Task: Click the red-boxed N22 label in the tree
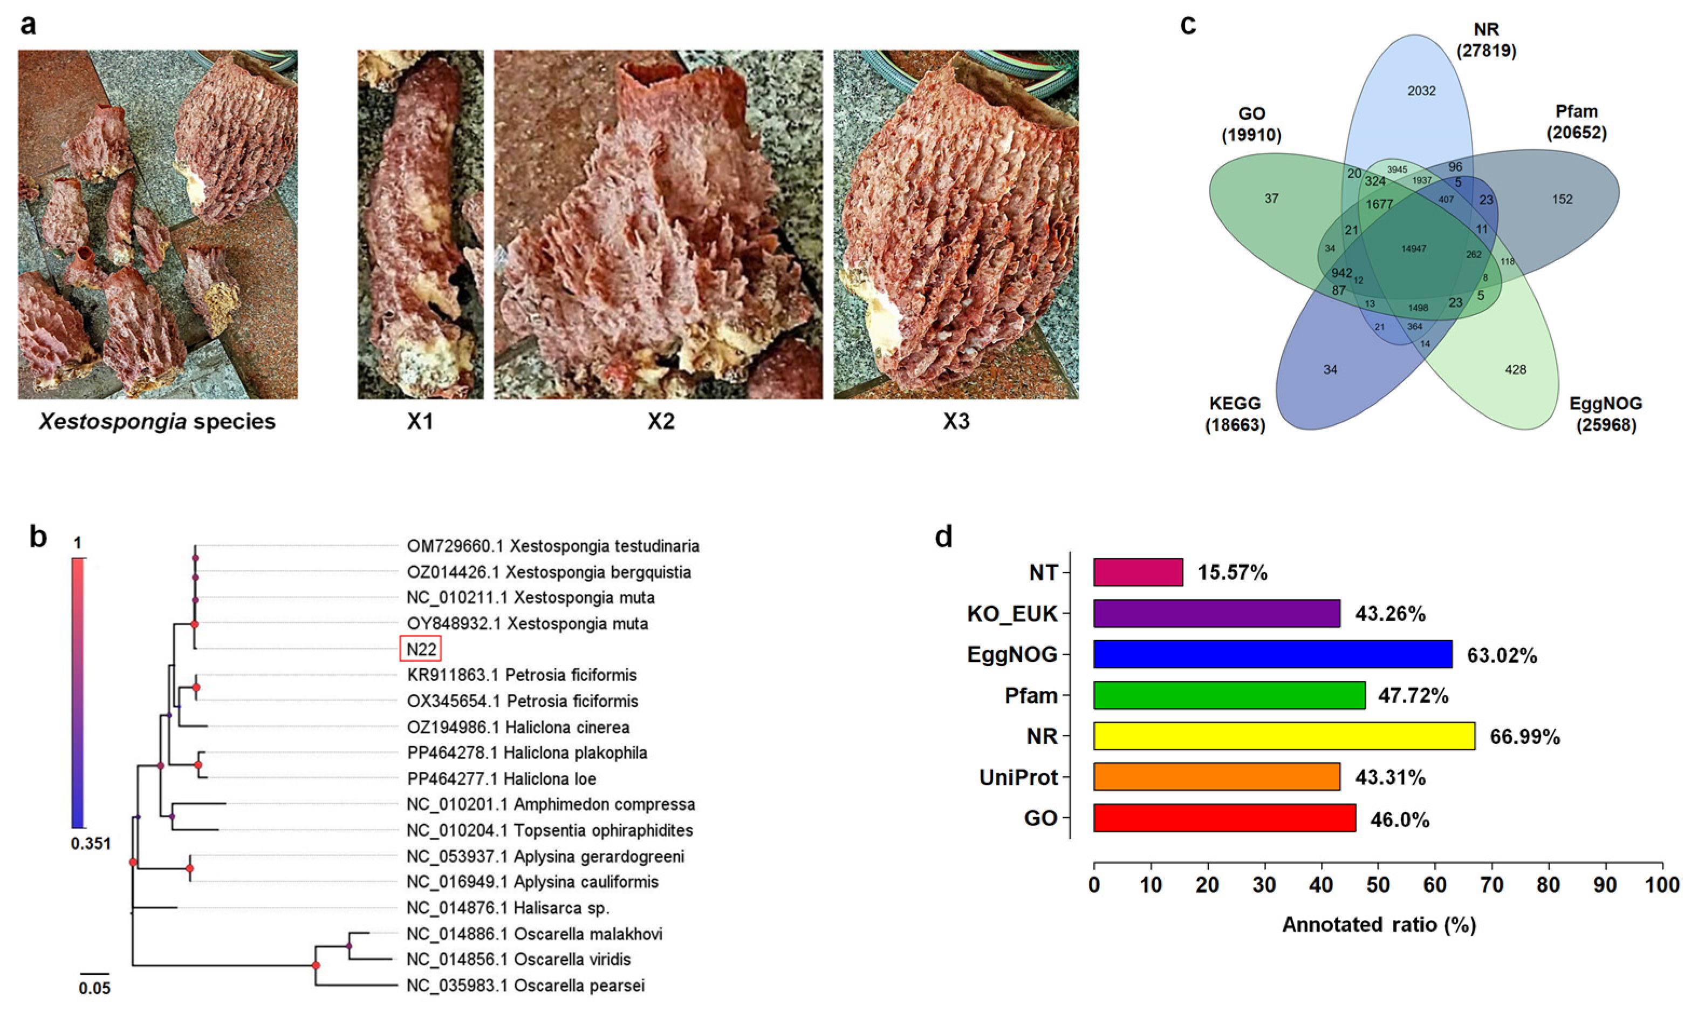coord(420,649)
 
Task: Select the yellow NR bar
coord(1284,736)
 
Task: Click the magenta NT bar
coord(1138,572)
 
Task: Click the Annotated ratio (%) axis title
coord(1379,925)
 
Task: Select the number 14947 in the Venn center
coord(1413,249)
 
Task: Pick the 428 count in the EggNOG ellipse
coord(1515,370)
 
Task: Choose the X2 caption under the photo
coord(660,422)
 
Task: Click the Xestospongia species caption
coord(158,422)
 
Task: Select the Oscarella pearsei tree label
coord(525,985)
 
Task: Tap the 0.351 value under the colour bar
coord(91,844)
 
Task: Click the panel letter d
coord(943,538)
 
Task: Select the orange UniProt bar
coord(1216,777)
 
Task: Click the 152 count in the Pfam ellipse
coord(1562,199)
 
